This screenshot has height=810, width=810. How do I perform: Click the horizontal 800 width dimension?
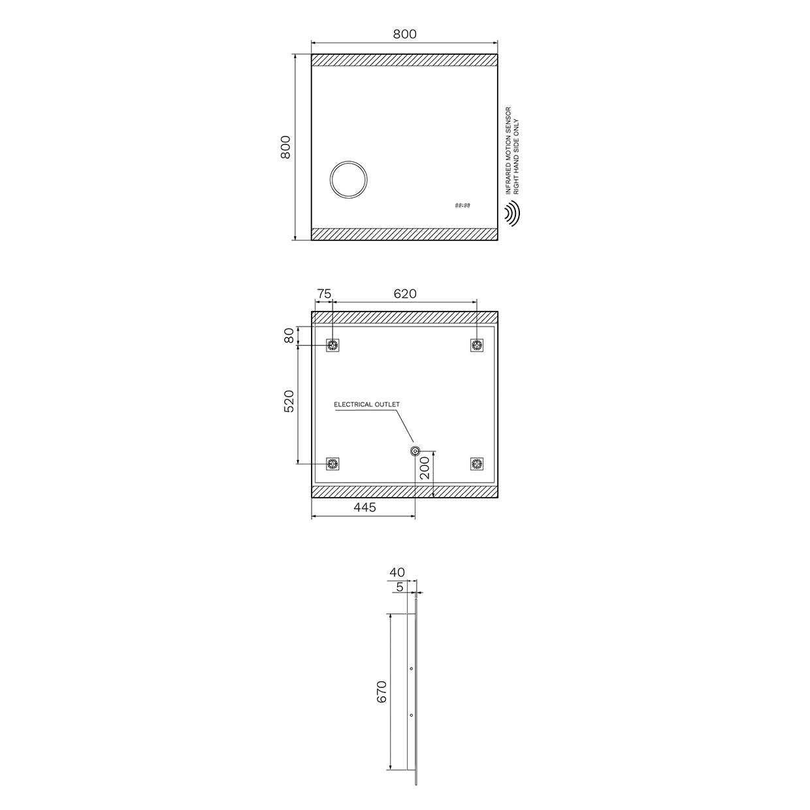[404, 34]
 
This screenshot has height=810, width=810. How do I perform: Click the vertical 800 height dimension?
[285, 147]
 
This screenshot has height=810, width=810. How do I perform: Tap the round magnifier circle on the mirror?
[348, 180]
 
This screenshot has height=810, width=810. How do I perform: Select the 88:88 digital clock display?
[462, 206]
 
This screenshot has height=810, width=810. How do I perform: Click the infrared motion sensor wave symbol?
[512, 214]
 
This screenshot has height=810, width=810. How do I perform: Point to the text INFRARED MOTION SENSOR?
[508, 150]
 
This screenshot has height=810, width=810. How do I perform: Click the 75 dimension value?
[324, 294]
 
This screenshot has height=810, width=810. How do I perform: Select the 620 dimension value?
[405, 294]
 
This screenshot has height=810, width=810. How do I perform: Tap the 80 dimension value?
[289, 336]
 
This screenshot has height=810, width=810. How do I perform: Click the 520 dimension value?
[289, 401]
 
